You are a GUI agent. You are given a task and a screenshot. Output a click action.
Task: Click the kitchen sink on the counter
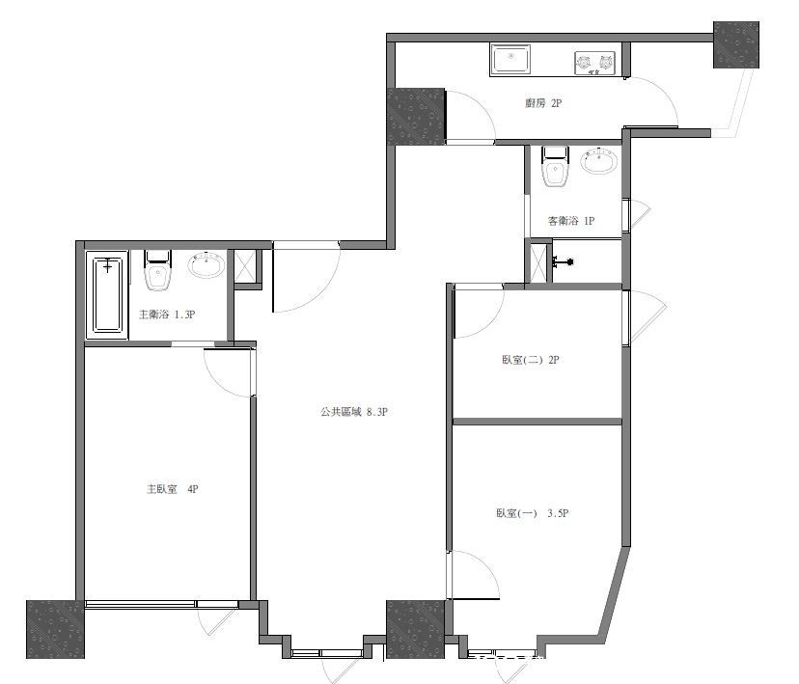(510, 59)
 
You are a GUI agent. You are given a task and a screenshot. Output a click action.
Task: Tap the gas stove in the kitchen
(594, 63)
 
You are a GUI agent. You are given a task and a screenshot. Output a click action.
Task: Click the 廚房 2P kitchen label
(543, 103)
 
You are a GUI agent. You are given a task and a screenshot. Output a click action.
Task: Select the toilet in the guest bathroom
(555, 167)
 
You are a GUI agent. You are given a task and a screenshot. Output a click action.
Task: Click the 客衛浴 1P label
(570, 221)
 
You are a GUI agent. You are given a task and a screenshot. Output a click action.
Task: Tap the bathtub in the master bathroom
(107, 295)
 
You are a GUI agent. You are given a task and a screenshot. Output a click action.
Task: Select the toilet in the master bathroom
(157, 270)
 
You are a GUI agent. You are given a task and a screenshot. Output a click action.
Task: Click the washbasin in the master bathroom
(207, 265)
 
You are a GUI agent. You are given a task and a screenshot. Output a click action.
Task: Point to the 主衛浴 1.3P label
(167, 315)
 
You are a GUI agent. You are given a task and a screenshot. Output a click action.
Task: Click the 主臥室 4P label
(172, 489)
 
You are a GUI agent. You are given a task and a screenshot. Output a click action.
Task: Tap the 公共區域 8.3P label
(354, 412)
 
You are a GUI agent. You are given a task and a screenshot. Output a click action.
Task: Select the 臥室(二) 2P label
(531, 360)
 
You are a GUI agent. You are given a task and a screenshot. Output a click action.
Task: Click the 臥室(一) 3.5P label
(533, 513)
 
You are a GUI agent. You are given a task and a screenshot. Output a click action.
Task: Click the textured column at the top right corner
(736, 44)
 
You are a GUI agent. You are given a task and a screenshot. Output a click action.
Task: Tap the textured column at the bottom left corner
(55, 630)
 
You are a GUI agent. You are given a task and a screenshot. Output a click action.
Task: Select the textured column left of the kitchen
(416, 117)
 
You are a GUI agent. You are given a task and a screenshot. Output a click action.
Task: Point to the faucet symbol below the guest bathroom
(564, 262)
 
